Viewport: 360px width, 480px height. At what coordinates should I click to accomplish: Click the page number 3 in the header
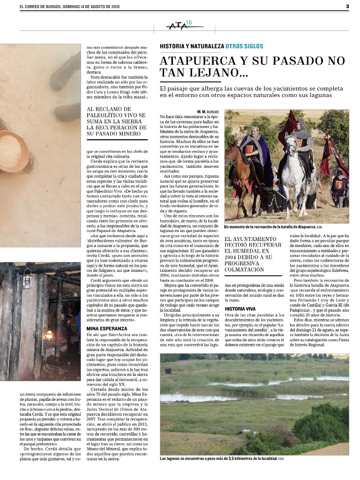point(347,7)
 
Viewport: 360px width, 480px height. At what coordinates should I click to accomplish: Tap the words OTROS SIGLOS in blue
point(244,46)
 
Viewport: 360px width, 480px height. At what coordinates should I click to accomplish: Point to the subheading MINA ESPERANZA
point(106,329)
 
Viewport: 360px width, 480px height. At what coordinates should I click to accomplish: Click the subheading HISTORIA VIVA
point(240,309)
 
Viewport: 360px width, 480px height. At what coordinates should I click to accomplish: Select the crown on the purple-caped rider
point(255,127)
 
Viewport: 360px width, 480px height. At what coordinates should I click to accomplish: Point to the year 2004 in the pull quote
point(232,257)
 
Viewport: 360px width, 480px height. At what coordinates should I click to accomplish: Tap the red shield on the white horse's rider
point(299,142)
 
